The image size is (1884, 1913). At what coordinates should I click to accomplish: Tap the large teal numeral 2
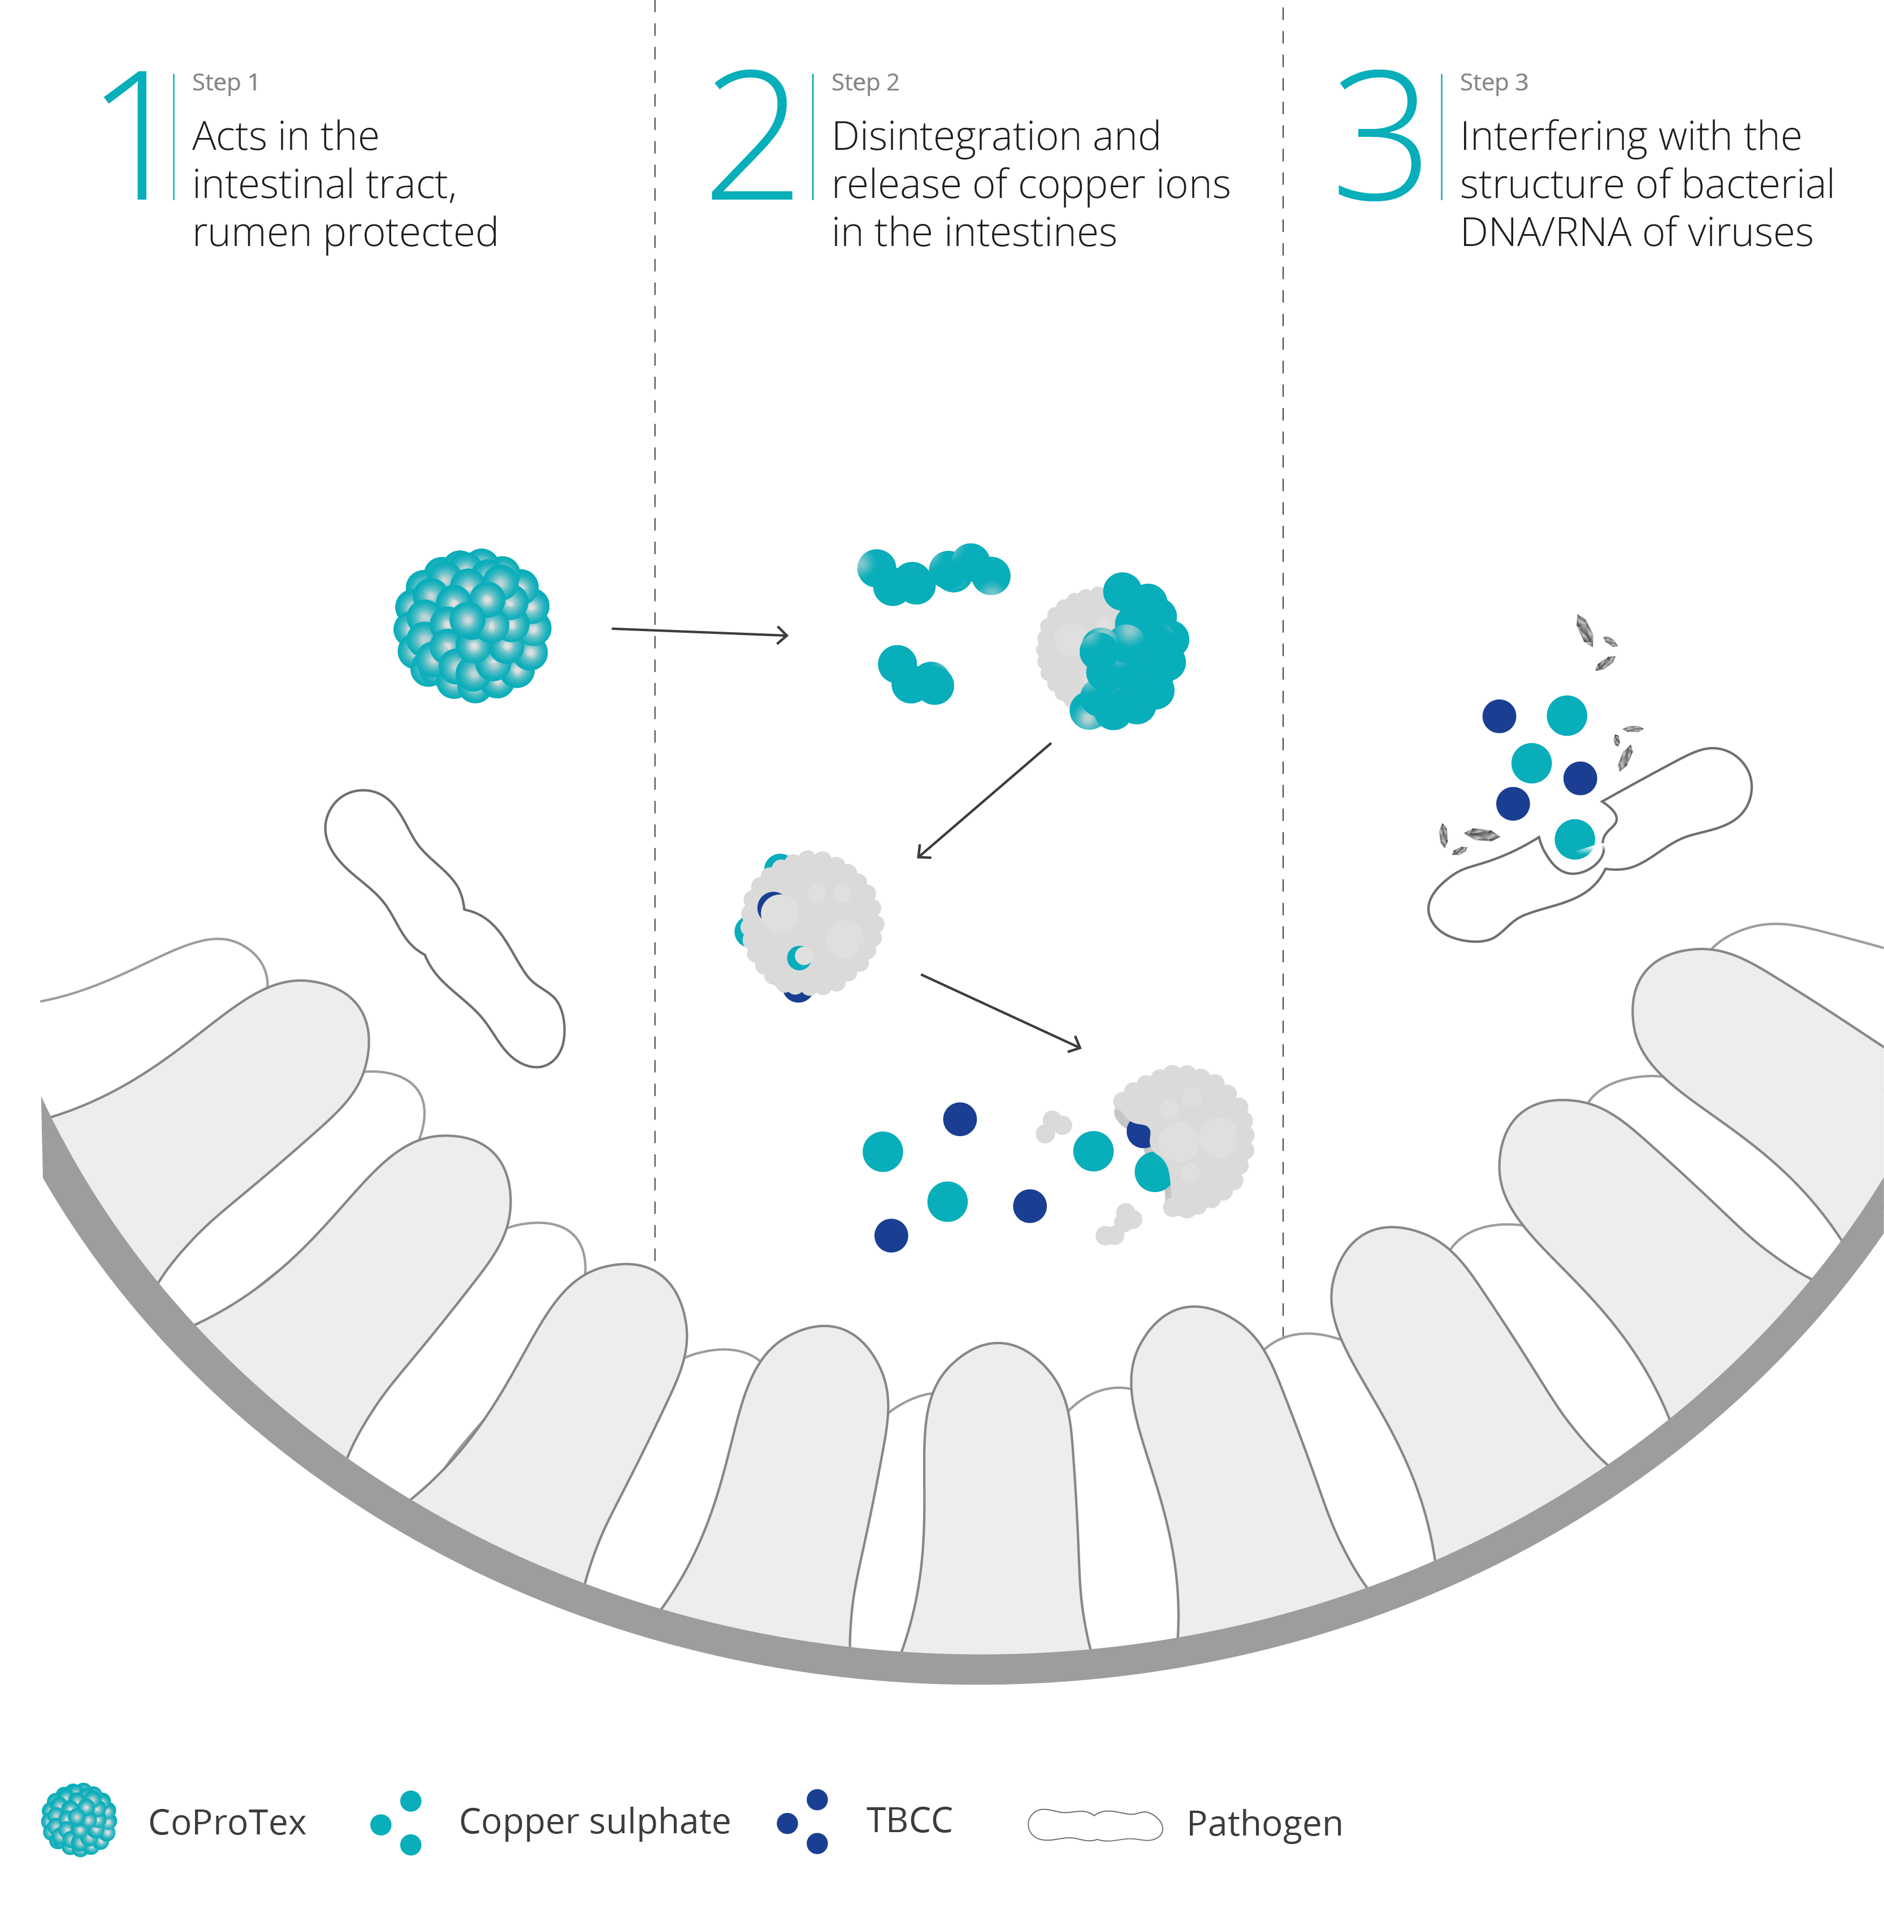(752, 136)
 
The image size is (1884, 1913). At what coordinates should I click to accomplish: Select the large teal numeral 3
(1379, 136)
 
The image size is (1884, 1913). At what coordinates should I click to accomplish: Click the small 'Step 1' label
(224, 82)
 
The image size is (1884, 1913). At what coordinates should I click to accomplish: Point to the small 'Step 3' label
(1493, 82)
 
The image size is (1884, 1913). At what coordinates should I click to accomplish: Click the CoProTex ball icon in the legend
(79, 1819)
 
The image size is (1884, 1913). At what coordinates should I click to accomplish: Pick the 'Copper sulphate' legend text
(594, 1821)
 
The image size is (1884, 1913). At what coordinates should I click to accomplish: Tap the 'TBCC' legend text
(908, 1820)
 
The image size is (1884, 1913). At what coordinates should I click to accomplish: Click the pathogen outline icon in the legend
(1094, 1824)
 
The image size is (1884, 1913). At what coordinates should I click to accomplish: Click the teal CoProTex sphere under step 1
(472, 625)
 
